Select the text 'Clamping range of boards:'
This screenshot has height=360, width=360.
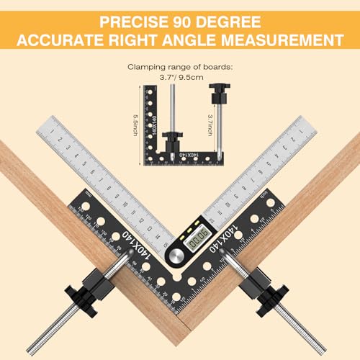point(179,64)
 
